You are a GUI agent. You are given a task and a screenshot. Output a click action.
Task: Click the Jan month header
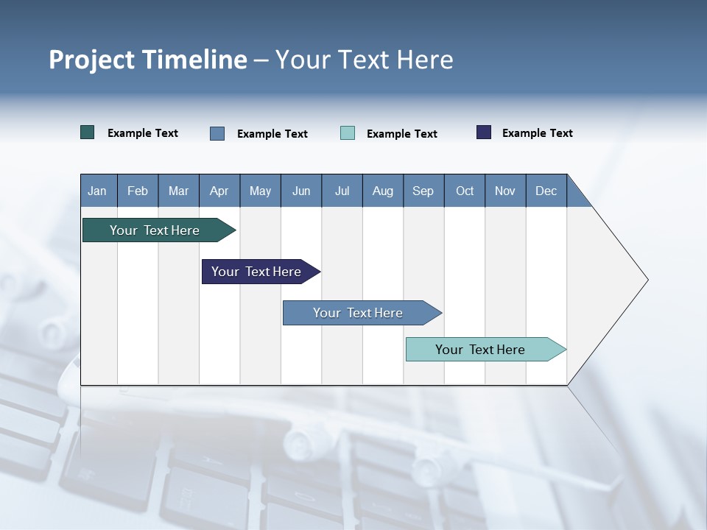(97, 191)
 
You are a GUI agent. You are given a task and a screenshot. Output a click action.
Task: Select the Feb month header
(138, 191)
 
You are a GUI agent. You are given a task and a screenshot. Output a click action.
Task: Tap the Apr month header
(219, 191)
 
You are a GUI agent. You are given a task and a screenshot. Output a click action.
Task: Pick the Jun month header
(301, 191)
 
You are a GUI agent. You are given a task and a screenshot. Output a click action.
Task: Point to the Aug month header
(382, 191)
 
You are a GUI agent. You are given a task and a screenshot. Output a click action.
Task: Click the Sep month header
(423, 191)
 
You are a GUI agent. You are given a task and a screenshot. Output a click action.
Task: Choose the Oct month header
(465, 191)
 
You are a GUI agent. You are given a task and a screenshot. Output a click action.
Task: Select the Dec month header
(546, 191)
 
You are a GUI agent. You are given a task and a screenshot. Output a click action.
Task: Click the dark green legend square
(88, 132)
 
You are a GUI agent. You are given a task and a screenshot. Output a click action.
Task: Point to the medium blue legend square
(217, 133)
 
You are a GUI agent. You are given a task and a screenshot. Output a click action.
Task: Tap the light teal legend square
(348, 133)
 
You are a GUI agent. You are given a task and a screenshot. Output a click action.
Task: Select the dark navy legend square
(484, 132)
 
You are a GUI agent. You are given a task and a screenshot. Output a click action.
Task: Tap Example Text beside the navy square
(537, 133)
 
